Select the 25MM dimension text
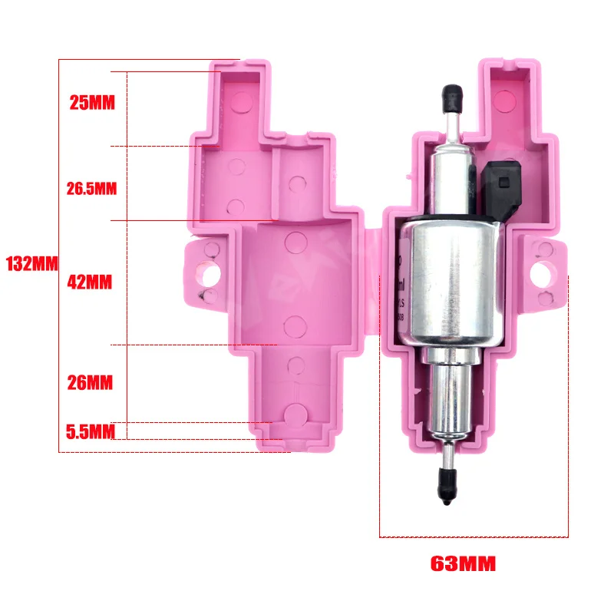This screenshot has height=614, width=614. coord(91,102)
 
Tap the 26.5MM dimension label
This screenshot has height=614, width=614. coord(91,188)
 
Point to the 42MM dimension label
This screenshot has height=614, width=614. coord(89,282)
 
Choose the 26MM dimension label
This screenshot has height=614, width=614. coord(90,381)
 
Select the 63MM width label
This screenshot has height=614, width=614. coord(463,564)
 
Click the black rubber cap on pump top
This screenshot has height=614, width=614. coord(451,98)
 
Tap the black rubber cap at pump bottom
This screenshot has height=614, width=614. coord(445,484)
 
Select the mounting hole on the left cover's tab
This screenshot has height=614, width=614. coord(208,273)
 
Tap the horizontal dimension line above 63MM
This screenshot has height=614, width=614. coord(474,536)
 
